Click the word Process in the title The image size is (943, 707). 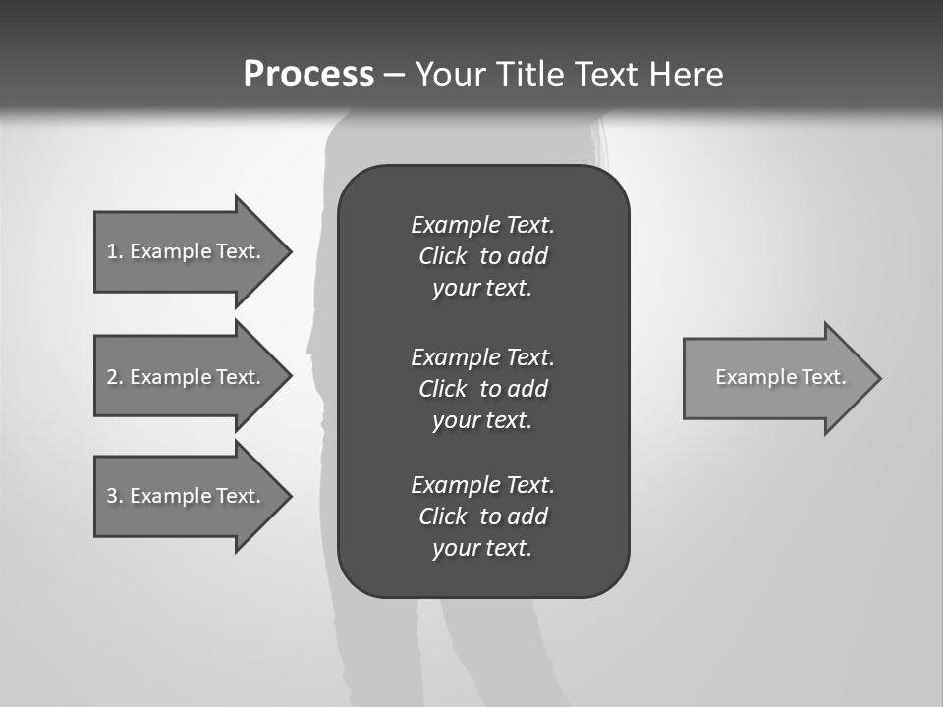308,74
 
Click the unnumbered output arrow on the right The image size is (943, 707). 776,378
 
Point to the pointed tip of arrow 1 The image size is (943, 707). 288,251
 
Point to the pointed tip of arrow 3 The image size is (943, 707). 288,496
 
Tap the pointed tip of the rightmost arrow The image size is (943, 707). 877,378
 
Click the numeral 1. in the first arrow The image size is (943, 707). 115,251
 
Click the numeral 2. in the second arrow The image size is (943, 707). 115,377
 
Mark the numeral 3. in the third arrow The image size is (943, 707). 115,496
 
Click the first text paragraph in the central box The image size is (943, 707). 482,256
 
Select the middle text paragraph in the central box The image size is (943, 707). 482,388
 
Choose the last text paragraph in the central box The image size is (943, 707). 482,517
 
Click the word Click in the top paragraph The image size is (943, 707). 443,256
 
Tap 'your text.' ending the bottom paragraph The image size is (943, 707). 482,548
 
